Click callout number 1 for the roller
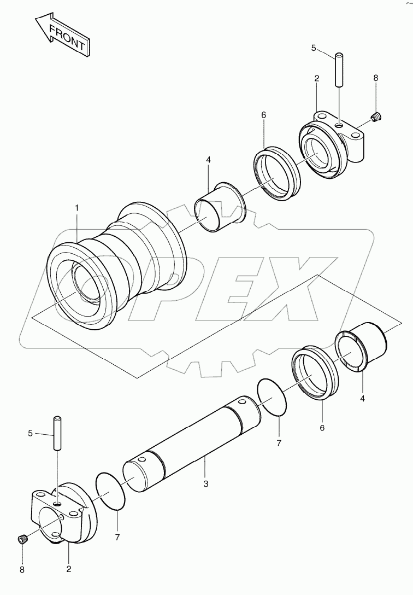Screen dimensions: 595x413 point(77,208)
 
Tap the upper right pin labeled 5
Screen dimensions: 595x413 point(339,68)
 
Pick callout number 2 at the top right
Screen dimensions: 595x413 point(316,79)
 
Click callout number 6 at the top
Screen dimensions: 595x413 point(263,115)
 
